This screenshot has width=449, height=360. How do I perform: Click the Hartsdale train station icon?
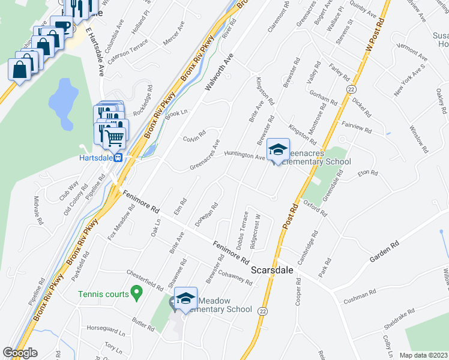[x=119, y=158]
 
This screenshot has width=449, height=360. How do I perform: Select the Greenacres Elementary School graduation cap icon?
[x=278, y=150]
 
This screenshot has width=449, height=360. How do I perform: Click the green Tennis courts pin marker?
[x=136, y=293]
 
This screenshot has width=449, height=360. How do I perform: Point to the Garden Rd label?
[x=384, y=251]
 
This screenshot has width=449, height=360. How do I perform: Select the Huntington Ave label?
[x=244, y=155]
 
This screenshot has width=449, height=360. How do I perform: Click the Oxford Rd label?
[x=315, y=208]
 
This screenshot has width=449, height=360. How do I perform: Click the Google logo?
[x=20, y=353]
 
